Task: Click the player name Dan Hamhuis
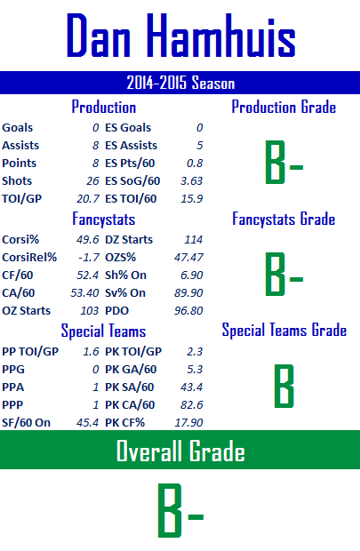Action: click(181, 36)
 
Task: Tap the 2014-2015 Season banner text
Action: click(180, 83)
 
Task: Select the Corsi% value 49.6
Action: click(88, 240)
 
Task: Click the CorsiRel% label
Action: click(29, 257)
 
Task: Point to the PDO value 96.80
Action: click(188, 311)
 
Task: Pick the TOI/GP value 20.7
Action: click(88, 199)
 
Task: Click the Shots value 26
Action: click(92, 181)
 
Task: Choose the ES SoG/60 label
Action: click(132, 181)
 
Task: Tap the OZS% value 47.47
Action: click(188, 257)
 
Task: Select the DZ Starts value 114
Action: click(194, 240)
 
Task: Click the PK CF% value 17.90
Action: click(188, 422)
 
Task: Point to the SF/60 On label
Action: click(26, 422)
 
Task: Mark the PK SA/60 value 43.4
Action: click(192, 387)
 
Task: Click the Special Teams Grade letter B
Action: click(284, 386)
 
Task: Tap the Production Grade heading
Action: click(284, 107)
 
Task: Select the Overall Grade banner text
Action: click(180, 451)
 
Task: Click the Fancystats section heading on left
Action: click(104, 219)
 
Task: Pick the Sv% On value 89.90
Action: click(188, 292)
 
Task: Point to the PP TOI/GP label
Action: click(30, 351)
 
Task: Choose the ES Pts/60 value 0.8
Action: click(195, 163)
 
